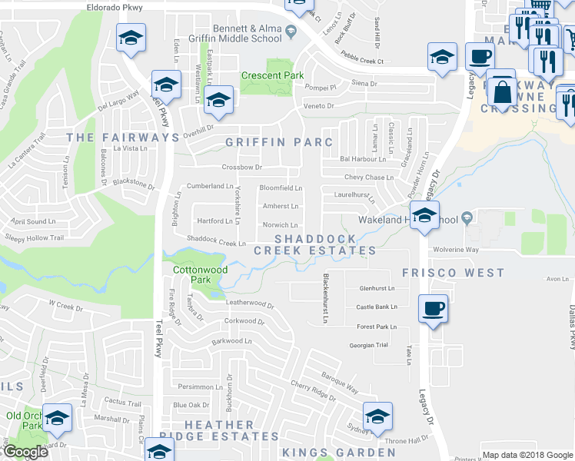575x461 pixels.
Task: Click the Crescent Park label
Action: tap(272, 75)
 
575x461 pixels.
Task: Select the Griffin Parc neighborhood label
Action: tap(279, 142)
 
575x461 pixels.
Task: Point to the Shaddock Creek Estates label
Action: tap(315, 244)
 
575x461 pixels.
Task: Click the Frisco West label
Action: tap(454, 273)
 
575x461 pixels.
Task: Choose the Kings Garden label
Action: tap(338, 453)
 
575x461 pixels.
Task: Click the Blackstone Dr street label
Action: tap(133, 184)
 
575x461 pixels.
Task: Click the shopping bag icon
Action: tap(502, 91)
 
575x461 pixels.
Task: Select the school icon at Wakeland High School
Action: tap(424, 217)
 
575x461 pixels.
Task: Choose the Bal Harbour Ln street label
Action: tap(363, 160)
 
